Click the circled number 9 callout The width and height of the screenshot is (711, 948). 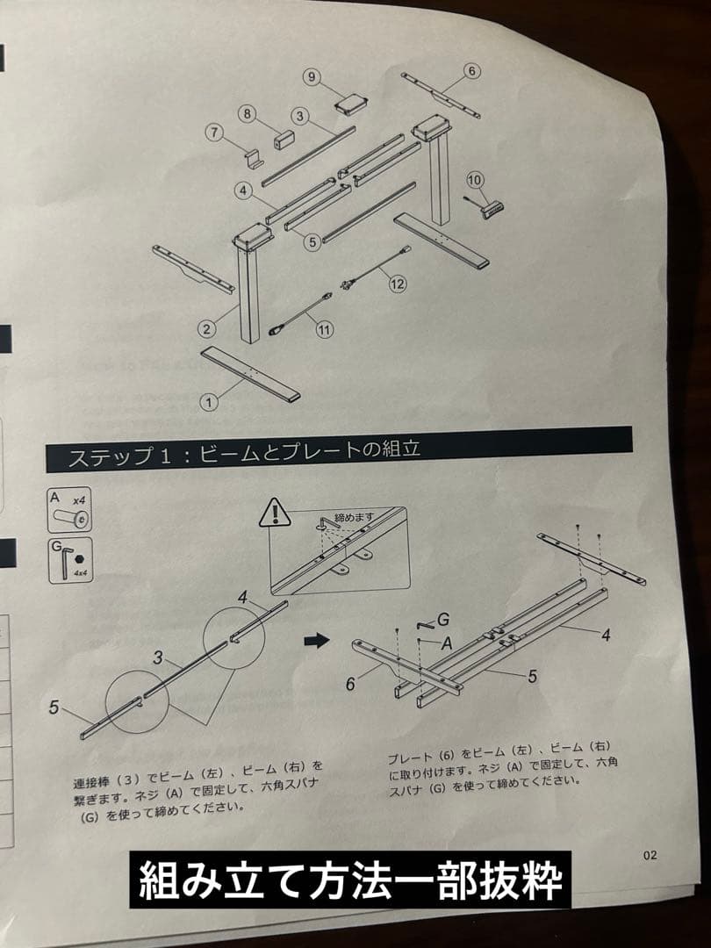(x=312, y=76)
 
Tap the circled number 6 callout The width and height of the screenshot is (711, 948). (x=470, y=70)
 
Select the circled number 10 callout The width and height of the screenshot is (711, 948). (x=475, y=180)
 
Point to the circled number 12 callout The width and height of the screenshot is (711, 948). (x=398, y=284)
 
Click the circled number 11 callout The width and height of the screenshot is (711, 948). (x=325, y=330)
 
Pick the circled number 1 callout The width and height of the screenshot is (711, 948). (x=209, y=402)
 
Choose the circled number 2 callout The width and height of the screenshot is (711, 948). (x=205, y=329)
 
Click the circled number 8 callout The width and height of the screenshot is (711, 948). (x=248, y=113)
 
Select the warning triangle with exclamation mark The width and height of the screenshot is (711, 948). (x=275, y=512)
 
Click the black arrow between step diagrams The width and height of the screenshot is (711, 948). (x=315, y=641)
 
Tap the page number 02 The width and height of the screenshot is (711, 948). (x=649, y=855)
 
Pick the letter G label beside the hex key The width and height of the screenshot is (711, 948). (x=442, y=620)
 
